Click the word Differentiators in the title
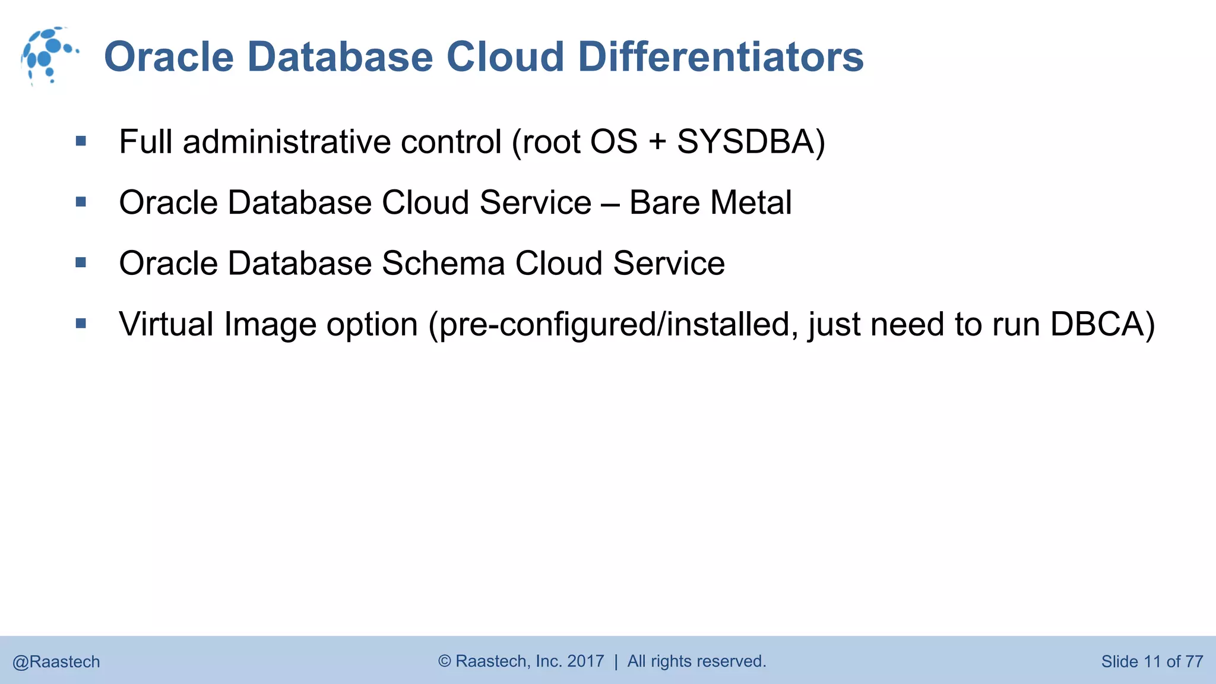pyautogui.click(x=720, y=57)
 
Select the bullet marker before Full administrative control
pyautogui.click(x=81, y=141)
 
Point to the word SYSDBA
pyautogui.click(x=746, y=142)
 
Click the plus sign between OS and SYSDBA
pyautogui.click(x=657, y=143)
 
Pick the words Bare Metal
pyautogui.click(x=710, y=202)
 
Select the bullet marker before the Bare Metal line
pyautogui.click(x=81, y=202)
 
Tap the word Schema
pyautogui.click(x=443, y=263)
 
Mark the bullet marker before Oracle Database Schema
pyautogui.click(x=81, y=262)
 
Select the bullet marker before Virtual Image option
pyautogui.click(x=81, y=324)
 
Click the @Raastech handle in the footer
pyautogui.click(x=56, y=661)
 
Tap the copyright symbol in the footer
pyautogui.click(x=445, y=661)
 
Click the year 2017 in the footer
pyautogui.click(x=585, y=661)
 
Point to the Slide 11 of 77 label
pyautogui.click(x=1152, y=661)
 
